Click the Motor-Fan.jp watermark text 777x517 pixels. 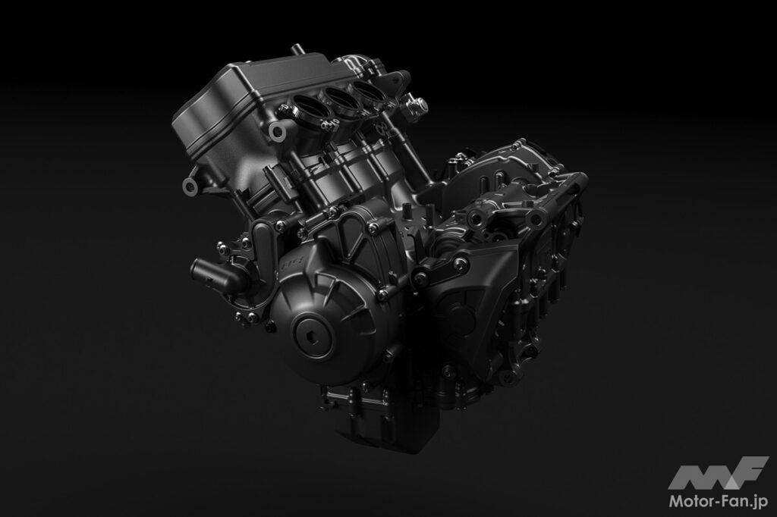tap(719, 500)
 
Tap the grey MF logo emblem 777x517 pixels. tap(718, 473)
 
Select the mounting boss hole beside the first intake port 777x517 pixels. tap(276, 131)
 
